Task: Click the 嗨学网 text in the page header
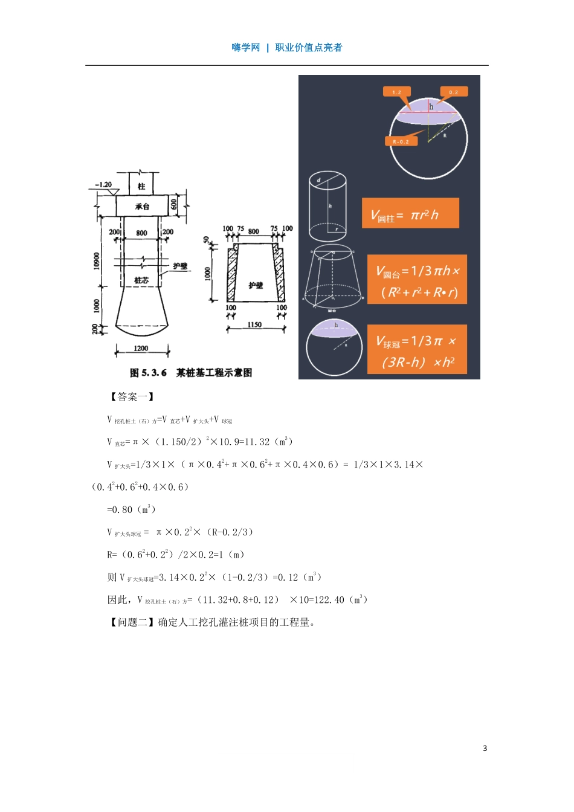click(245, 48)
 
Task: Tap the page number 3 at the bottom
click(485, 748)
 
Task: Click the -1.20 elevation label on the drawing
click(104, 184)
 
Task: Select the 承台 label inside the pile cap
click(142, 207)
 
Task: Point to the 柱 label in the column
click(141, 187)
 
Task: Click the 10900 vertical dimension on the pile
click(97, 261)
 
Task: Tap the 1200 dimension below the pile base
click(141, 348)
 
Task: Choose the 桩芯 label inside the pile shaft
click(141, 280)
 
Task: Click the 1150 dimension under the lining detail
click(254, 325)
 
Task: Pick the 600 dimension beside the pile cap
click(175, 205)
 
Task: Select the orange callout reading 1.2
click(396, 92)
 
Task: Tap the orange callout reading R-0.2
click(401, 141)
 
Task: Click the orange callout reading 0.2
click(454, 92)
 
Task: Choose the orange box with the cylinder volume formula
click(410, 213)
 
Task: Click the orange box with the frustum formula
click(417, 279)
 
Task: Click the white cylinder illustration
click(328, 206)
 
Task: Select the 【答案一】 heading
click(132, 397)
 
